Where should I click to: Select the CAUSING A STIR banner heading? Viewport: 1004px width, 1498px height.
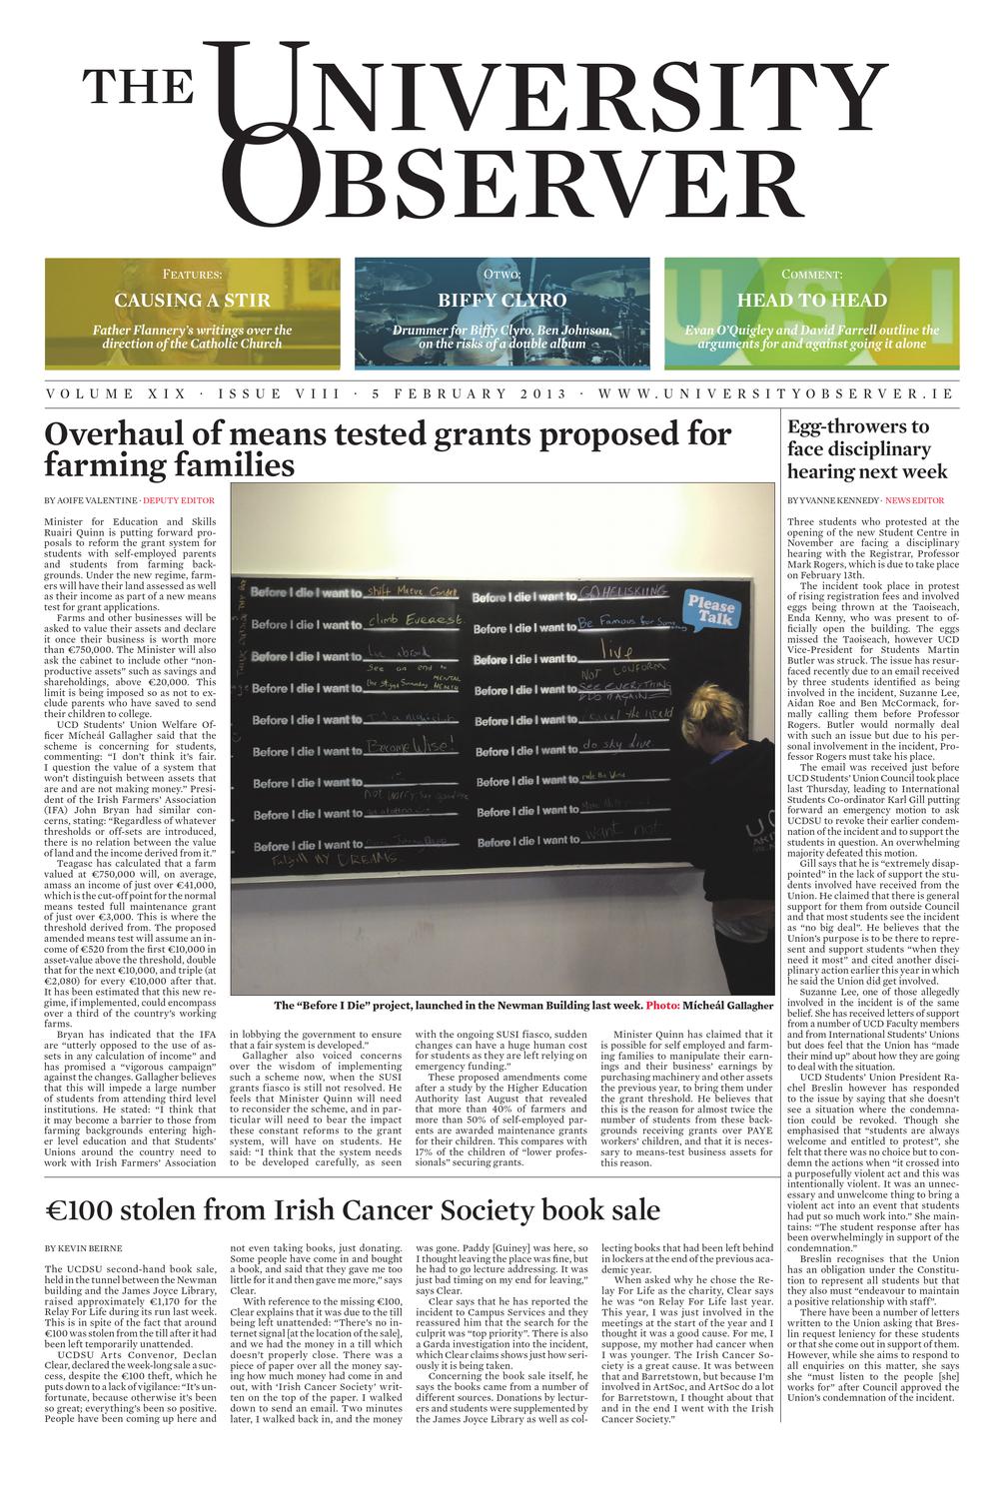192,300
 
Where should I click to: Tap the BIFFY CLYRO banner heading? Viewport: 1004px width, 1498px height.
502,300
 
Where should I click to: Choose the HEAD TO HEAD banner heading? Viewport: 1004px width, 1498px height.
811,300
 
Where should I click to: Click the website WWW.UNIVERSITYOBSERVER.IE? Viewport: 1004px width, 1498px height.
775,393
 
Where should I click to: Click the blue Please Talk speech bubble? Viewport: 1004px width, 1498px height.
710,608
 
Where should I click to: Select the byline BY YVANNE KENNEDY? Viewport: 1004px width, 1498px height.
832,499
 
